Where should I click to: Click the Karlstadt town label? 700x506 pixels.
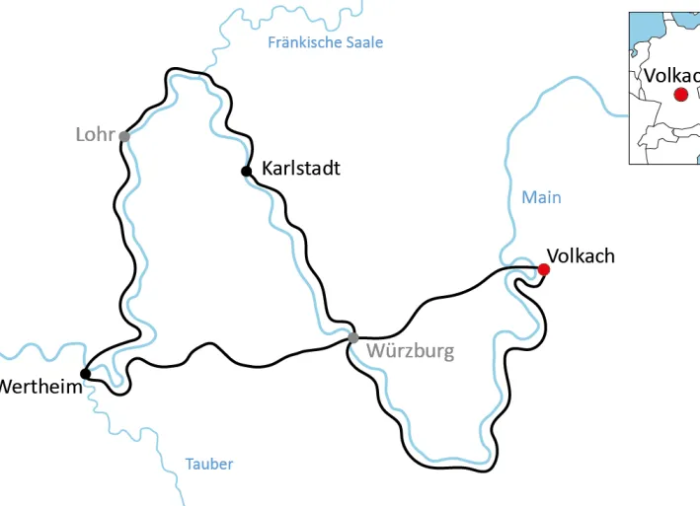(x=300, y=169)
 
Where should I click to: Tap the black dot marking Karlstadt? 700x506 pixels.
(x=246, y=172)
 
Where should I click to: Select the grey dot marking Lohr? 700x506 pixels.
(x=124, y=136)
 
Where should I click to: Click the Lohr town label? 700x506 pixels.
(x=95, y=134)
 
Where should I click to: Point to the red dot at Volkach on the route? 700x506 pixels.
(x=543, y=269)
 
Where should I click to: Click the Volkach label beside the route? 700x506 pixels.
(x=581, y=256)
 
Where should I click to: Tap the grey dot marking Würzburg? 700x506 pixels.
(x=352, y=338)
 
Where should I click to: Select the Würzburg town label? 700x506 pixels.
(x=410, y=351)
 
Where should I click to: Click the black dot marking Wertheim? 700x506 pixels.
(x=85, y=373)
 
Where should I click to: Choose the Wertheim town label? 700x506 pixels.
(x=39, y=387)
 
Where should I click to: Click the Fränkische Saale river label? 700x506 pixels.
(x=325, y=42)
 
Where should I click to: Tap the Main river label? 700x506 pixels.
(x=541, y=197)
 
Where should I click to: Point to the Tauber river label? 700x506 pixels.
(x=209, y=464)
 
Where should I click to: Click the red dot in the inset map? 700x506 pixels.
(x=680, y=95)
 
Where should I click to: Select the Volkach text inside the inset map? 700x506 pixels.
(x=670, y=75)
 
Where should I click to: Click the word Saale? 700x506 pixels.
(x=361, y=42)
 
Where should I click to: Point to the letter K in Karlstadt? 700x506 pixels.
(x=268, y=169)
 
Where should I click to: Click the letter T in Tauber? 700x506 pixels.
(x=190, y=464)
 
